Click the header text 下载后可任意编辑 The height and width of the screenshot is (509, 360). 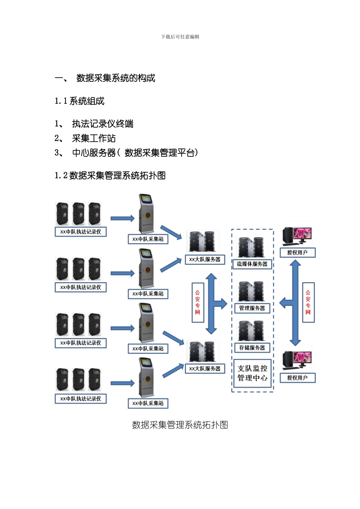point(180,37)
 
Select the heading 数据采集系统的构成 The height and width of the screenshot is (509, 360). point(116,78)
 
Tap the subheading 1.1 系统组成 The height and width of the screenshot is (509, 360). point(80,101)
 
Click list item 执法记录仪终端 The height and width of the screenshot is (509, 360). point(103,124)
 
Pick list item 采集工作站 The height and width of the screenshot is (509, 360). point(94,138)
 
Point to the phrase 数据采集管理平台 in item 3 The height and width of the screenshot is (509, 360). point(159,153)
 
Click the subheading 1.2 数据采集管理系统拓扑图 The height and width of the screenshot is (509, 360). point(110,175)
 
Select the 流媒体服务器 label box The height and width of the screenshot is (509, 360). point(252,264)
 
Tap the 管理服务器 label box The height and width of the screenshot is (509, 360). point(252,308)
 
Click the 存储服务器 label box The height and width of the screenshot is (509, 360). point(252,348)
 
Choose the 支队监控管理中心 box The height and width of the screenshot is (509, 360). point(252,373)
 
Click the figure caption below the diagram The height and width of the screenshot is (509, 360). point(180,425)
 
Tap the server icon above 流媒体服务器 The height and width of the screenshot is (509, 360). point(252,247)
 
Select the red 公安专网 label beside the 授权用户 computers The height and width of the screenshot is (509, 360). point(308,302)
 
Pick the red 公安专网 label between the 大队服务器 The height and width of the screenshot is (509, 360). point(197,302)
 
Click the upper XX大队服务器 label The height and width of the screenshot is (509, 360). point(205,259)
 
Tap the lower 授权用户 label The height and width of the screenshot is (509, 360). point(297,378)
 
